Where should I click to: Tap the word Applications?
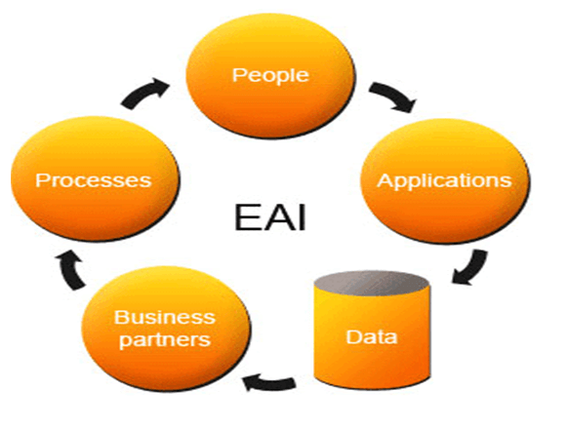coord(444,181)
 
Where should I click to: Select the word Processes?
coord(94,179)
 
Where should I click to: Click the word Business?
coord(165,318)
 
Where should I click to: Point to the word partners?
coord(165,340)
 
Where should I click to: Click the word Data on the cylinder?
coord(372,336)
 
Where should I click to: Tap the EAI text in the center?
coord(270,217)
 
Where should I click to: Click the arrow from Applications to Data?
coord(472,269)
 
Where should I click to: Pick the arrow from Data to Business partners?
coord(269,383)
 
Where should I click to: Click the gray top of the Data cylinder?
coord(372,283)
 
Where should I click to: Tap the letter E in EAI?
coord(247,217)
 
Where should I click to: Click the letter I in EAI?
coord(302,217)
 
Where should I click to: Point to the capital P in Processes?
coord(42,179)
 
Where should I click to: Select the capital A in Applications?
coord(385,179)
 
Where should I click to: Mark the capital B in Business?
coord(121,318)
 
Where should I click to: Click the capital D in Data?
coord(353,336)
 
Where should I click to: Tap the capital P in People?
coord(239,75)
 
